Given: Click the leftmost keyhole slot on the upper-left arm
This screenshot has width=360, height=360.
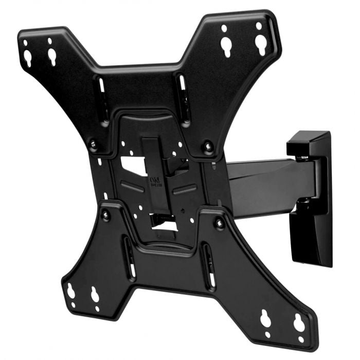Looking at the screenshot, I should (27, 57).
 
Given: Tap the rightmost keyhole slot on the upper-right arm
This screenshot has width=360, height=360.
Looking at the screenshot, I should (261, 45).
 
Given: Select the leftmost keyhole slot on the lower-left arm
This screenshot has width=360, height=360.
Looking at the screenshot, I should (71, 293).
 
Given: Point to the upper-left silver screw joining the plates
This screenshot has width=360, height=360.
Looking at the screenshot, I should (93, 145).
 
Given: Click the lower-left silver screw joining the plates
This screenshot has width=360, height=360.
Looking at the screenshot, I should (106, 216).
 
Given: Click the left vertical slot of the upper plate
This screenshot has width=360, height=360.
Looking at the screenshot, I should (101, 93).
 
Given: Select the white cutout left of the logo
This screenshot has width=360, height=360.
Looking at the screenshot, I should (132, 165).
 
